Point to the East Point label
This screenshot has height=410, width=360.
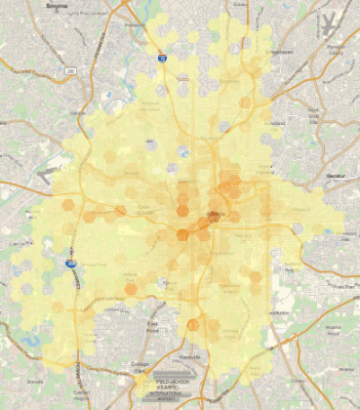tap(152, 325)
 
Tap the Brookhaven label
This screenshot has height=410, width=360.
tap(280, 52)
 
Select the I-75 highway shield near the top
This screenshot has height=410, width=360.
tap(163, 60)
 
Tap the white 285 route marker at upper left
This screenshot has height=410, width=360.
tap(70, 70)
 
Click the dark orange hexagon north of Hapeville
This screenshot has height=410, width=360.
tap(193, 325)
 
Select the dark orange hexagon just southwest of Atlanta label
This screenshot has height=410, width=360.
tap(182, 233)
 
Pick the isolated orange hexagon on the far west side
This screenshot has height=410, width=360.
tap(68, 206)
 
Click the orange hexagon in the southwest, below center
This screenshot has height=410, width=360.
tap(131, 289)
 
